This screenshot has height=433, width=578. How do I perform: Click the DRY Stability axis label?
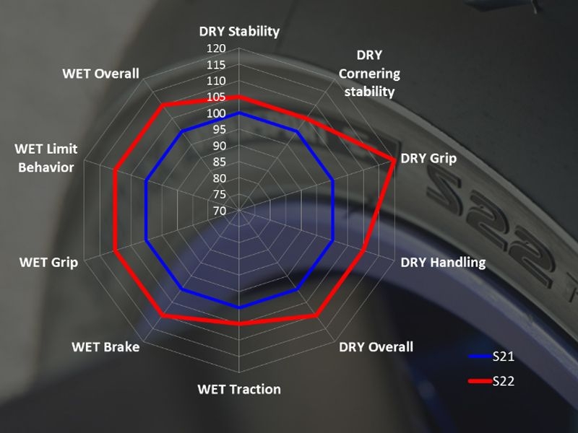(239, 32)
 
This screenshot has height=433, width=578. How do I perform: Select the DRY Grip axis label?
(428, 158)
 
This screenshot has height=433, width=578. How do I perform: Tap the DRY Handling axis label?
(443, 262)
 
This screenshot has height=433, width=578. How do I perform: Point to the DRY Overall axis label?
(376, 346)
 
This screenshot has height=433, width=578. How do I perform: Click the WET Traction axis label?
(239, 389)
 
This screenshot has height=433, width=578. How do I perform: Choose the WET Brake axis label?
(105, 346)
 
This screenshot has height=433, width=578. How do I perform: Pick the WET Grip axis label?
(49, 262)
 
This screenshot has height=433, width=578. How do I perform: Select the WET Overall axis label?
(100, 74)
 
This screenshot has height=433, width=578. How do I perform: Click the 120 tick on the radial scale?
(217, 49)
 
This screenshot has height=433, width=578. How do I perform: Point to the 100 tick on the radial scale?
(217, 114)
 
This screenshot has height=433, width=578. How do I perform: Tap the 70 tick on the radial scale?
(219, 211)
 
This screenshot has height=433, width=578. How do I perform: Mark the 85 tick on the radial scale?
(219, 162)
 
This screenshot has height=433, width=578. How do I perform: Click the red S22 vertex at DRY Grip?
(394, 160)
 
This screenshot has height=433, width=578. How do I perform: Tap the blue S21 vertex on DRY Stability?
(239, 113)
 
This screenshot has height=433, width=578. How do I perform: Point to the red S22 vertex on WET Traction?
(239, 324)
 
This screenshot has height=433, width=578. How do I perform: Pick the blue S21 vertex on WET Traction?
(239, 308)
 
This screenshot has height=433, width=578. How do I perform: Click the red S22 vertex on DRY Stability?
(239, 97)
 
